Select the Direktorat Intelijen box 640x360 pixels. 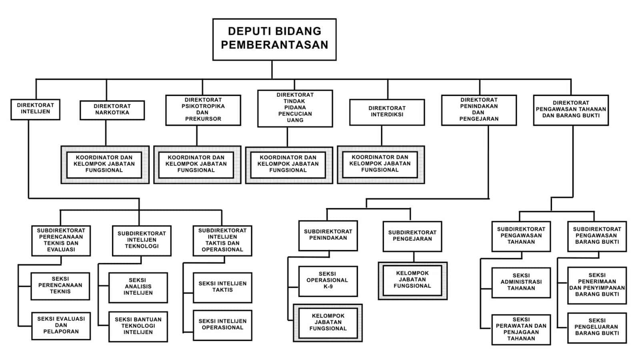pos(35,109)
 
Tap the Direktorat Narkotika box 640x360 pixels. pos(112,110)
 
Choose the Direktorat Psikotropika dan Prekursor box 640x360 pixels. pos(203,110)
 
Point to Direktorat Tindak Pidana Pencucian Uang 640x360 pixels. pos(295,108)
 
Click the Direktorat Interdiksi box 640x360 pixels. pos(387,112)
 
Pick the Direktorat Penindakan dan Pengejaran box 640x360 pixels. pos(479,110)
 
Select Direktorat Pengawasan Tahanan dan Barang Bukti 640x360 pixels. pos(571,110)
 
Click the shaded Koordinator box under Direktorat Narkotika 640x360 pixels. pos(104,164)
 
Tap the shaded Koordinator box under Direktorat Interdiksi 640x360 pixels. pos(380,164)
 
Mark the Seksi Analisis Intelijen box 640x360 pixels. pos(138,287)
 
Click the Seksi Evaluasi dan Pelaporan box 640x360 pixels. pos(61,325)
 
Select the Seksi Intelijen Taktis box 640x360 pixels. pos(222,287)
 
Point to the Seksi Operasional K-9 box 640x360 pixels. pos(328,280)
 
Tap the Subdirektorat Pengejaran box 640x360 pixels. pos(412,236)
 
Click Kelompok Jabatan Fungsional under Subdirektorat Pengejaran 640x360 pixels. pos(412,280)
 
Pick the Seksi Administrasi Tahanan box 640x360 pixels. pos(521,282)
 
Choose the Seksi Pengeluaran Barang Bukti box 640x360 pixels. pos(597,327)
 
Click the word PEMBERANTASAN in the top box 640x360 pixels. pos(274,45)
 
